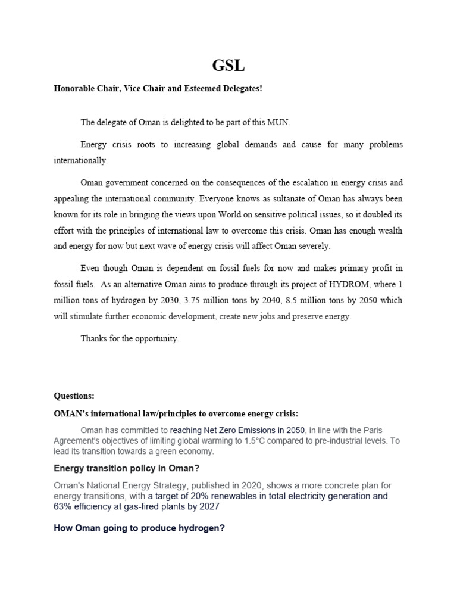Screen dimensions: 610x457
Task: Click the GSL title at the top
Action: [228, 65]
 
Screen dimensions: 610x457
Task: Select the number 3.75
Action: [198, 301]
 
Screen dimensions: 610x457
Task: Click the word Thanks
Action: [93, 338]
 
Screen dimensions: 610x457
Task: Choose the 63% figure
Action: [64, 507]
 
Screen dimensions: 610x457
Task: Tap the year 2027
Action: [208, 507]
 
